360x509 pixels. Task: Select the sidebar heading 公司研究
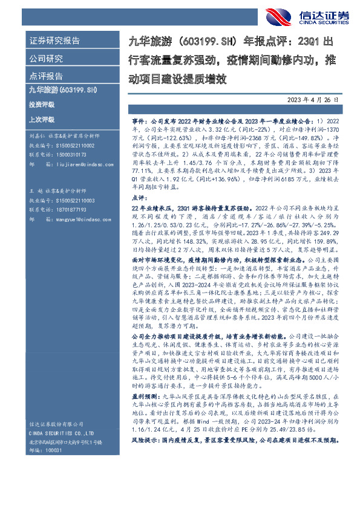coord(45,59)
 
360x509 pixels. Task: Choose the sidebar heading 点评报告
coord(45,76)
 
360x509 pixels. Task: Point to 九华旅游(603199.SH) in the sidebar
coord(63,90)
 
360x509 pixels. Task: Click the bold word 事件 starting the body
coord(139,121)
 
